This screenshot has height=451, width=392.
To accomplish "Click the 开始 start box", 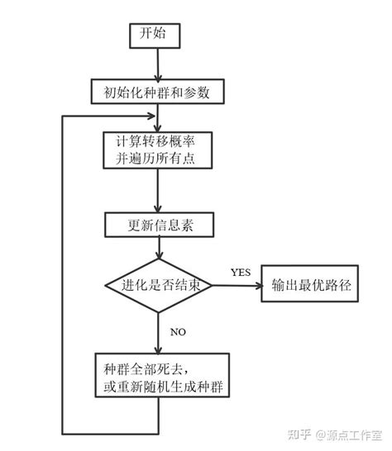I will click(x=153, y=35).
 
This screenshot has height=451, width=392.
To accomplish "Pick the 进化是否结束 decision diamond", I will click(x=159, y=286).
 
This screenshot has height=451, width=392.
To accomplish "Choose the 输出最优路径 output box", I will click(x=312, y=286).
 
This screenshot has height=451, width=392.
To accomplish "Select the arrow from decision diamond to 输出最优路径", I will click(x=237, y=286).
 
